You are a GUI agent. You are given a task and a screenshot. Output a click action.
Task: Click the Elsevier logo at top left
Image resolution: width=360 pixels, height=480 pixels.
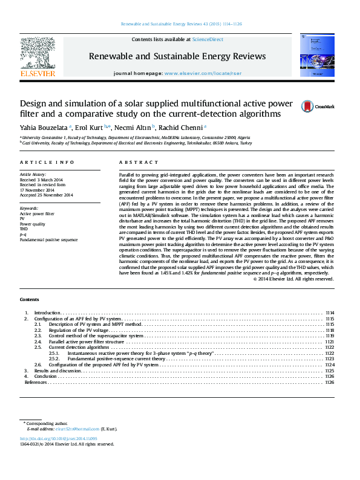(38, 57)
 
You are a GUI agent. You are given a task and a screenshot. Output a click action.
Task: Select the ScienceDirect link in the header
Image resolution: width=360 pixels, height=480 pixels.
(208, 39)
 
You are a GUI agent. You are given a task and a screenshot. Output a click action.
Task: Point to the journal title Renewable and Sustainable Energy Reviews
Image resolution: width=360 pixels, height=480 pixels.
(177, 56)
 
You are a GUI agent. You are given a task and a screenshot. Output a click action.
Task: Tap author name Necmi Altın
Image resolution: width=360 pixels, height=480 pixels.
(134, 127)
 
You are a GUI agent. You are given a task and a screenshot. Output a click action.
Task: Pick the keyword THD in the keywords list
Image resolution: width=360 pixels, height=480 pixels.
(24, 229)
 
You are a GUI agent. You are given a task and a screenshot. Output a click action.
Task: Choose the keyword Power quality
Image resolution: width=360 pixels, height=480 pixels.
(31, 224)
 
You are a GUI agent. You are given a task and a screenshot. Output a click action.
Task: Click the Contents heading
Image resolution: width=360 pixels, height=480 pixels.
(29, 299)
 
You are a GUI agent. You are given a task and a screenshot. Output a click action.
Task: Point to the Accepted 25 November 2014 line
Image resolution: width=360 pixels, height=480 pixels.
(46, 195)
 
